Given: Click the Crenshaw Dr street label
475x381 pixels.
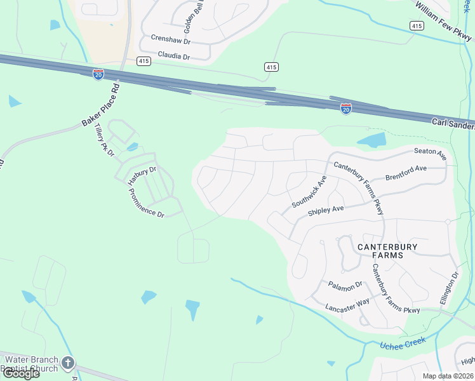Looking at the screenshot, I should pyautogui.click(x=171, y=38).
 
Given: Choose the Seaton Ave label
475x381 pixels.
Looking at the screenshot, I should pyautogui.click(x=430, y=154).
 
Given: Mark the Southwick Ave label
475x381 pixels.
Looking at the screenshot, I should pyautogui.click(x=309, y=192).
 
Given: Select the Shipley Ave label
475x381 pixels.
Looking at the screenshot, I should pyautogui.click(x=325, y=210).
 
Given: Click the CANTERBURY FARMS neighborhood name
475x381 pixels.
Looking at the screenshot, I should pyautogui.click(x=380, y=250).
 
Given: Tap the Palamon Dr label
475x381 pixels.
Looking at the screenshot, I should pyautogui.click(x=345, y=284).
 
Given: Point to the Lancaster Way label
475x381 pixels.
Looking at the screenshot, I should pyautogui.click(x=347, y=302).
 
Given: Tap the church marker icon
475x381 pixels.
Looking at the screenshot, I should pyautogui.click(x=67, y=364).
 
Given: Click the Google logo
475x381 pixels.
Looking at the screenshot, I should pyautogui.click(x=20, y=373).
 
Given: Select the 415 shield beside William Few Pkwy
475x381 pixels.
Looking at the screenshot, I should pyautogui.click(x=417, y=25).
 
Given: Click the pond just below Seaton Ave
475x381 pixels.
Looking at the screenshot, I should pyautogui.click(x=371, y=140).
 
